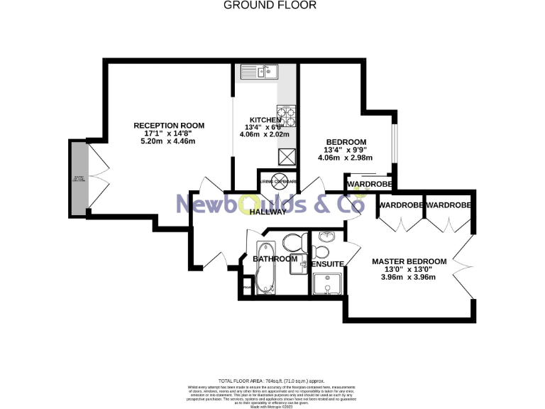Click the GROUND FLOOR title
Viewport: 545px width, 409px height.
(x=270, y=5)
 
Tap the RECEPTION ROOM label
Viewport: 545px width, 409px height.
(x=164, y=126)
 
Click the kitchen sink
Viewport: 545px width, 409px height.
(x=259, y=71)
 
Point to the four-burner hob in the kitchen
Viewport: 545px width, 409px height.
(x=285, y=115)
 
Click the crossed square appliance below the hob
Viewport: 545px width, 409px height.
(x=286, y=157)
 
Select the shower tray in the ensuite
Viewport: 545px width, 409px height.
(x=328, y=284)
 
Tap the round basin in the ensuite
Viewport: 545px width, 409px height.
(x=326, y=237)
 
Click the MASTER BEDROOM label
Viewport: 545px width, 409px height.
(x=409, y=261)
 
